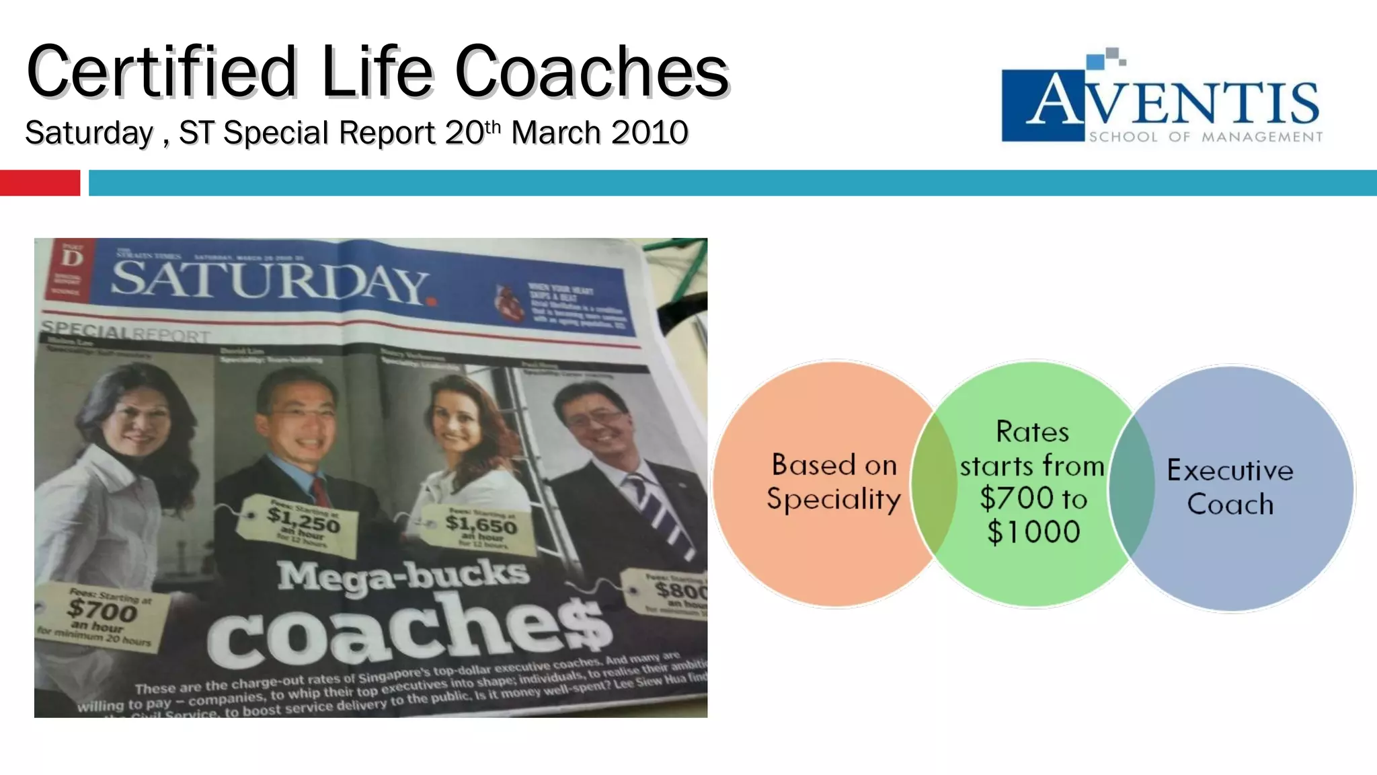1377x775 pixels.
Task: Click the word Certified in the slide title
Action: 161,72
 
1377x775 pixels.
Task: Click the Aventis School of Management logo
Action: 1162,98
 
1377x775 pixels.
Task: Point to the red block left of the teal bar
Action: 40,183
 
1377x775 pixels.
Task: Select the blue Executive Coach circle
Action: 1237,487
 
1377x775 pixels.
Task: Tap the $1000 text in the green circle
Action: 1033,532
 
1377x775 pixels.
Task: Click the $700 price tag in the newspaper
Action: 101,613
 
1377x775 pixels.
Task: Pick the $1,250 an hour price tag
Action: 303,523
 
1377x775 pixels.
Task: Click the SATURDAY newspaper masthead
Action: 269,281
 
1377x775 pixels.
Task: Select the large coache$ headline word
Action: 410,629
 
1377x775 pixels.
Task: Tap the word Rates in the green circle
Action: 1032,432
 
